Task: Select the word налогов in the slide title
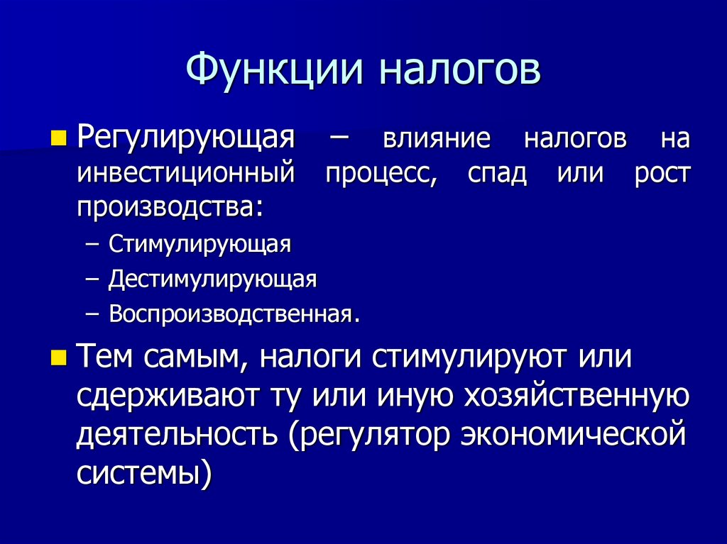459,71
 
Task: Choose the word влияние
437,138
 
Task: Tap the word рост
661,174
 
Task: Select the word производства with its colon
169,206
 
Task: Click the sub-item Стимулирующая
199,245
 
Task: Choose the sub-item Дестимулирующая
212,279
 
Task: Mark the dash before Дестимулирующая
92,279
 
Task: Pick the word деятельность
177,435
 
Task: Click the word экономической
573,434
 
